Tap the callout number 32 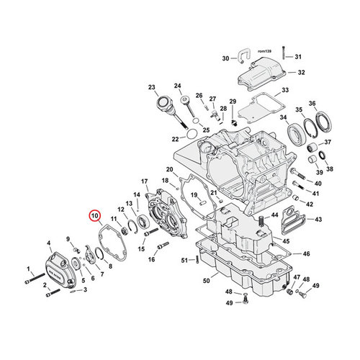pos(301,72)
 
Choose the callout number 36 pos(312,104)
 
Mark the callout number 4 pos(48,243)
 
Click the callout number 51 pos(184,259)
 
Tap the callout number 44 pos(274,215)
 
